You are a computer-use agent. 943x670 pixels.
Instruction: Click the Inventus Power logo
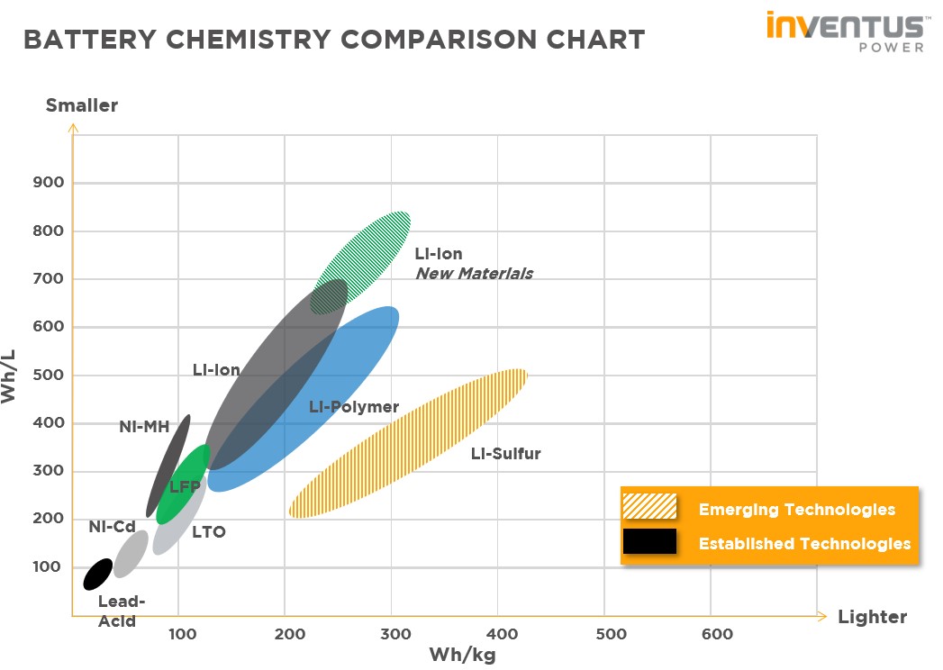point(845,31)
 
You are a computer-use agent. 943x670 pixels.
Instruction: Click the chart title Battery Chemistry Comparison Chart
point(334,41)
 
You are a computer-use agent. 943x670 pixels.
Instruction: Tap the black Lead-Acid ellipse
point(97,574)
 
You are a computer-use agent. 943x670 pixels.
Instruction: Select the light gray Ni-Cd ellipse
point(131,554)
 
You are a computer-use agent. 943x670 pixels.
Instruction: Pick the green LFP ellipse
point(183,484)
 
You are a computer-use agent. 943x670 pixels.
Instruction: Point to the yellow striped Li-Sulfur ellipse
point(407,443)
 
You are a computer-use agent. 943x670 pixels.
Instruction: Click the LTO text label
point(208,532)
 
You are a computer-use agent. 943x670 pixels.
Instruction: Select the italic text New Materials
point(474,274)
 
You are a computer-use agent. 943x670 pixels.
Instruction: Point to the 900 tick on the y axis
point(49,183)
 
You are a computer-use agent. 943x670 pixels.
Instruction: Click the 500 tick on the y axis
point(49,375)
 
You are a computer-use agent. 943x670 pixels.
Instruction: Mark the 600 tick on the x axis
point(717,635)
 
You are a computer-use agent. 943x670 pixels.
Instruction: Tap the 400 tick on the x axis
point(503,635)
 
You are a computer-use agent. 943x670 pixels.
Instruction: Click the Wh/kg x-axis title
point(462,655)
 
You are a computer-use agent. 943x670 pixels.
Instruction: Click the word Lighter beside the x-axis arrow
point(872,617)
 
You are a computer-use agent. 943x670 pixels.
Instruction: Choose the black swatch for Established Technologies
point(649,541)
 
